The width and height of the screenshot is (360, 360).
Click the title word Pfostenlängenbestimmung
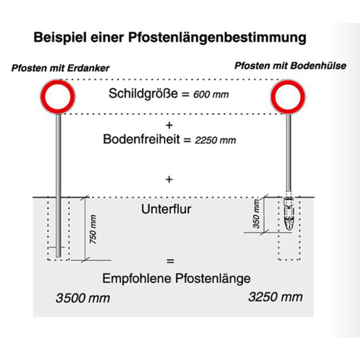click(217, 38)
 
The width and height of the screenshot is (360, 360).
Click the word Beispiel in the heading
click(60, 37)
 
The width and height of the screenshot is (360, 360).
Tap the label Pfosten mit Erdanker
click(60, 68)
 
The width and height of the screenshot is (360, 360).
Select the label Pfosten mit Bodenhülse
click(290, 66)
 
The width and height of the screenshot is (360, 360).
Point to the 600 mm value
click(211, 94)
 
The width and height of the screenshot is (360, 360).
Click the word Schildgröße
click(143, 93)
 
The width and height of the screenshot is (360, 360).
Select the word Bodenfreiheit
click(141, 139)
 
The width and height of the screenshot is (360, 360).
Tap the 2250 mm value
click(215, 141)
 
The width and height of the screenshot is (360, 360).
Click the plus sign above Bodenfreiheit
click(169, 125)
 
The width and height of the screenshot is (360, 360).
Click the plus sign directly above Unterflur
click(169, 179)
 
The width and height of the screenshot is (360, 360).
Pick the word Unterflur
click(166, 209)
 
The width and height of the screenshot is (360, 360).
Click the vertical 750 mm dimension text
click(93, 229)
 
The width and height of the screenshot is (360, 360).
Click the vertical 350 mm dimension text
click(256, 214)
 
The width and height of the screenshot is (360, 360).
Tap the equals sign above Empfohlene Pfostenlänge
click(170, 261)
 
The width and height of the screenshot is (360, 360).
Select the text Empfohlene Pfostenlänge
click(177, 278)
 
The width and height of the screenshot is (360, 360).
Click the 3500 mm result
click(82, 298)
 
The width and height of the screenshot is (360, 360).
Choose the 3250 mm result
click(276, 297)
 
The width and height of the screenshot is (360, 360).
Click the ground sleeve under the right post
click(289, 213)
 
